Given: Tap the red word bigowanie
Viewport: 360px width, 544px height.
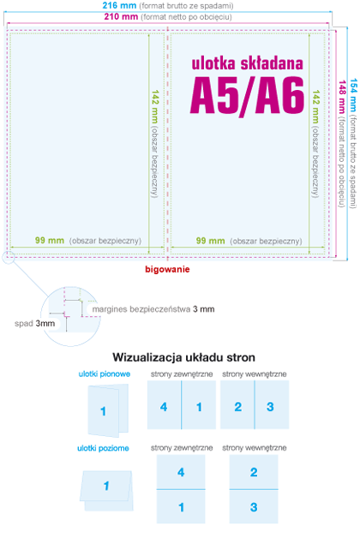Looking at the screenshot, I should click(167, 269).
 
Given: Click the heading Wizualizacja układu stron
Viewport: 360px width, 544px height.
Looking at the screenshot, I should click(184, 357).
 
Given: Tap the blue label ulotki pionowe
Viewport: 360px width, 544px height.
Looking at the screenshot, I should click(104, 374).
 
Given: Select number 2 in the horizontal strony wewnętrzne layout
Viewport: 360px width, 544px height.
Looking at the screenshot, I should click(254, 472).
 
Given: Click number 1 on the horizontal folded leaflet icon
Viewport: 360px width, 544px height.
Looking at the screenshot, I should click(106, 487).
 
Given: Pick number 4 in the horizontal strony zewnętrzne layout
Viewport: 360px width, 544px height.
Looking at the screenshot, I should click(181, 472).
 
